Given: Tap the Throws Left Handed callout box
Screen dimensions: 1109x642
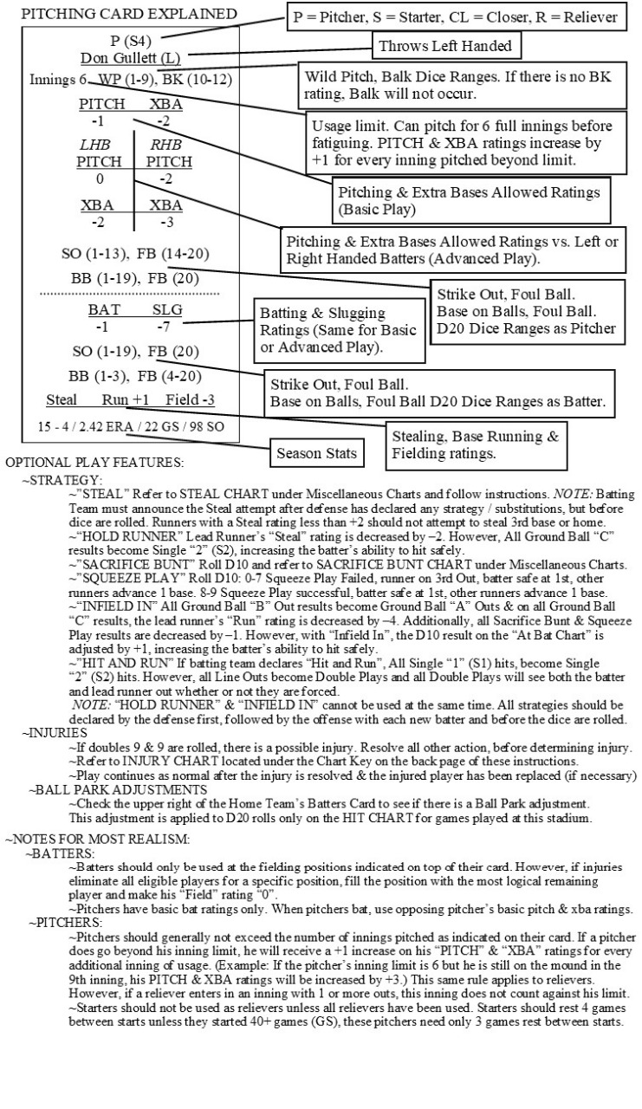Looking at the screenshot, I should point(443,45).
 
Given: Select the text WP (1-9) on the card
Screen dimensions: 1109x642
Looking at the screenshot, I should point(123,79).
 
